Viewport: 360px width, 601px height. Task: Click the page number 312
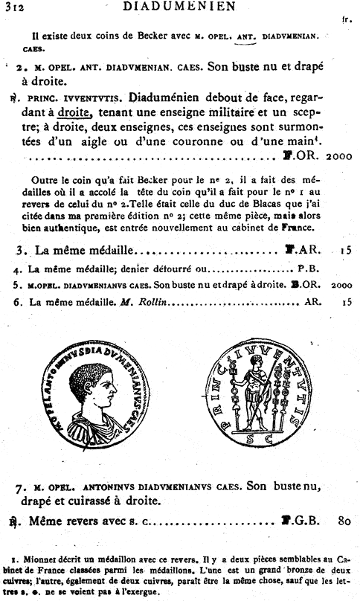click(x=12, y=7)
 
